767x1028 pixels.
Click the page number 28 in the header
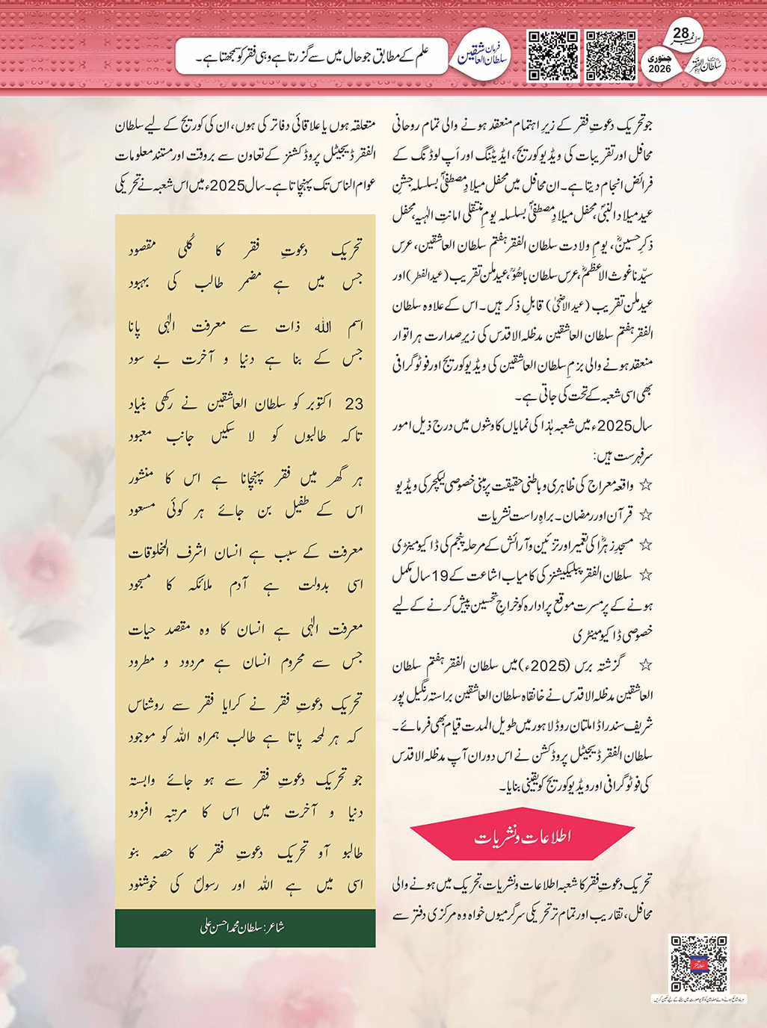(681, 33)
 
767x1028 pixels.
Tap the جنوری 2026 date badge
(659, 64)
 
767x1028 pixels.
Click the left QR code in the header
(553, 55)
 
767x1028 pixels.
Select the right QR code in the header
(611, 55)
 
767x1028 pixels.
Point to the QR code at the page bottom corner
(698, 963)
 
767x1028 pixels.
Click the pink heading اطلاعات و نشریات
(523, 837)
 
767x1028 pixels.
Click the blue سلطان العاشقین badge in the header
(483, 55)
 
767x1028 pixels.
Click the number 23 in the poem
(354, 404)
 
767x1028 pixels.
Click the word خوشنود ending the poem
(142, 886)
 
